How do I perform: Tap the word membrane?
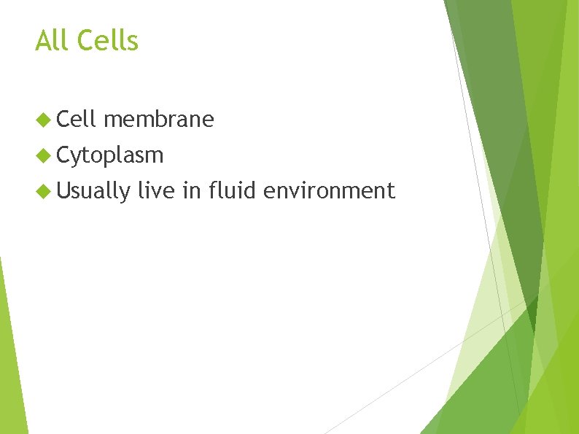pos(159,119)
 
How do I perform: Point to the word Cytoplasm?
pos(110,155)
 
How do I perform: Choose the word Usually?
pos(93,191)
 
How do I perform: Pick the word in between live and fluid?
pos(192,190)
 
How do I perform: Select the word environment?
pos(329,190)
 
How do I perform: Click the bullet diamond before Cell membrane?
pos(43,119)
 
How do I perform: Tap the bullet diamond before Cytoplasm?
pos(43,155)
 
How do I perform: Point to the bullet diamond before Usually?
pos(43,191)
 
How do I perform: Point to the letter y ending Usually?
pos(125,193)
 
